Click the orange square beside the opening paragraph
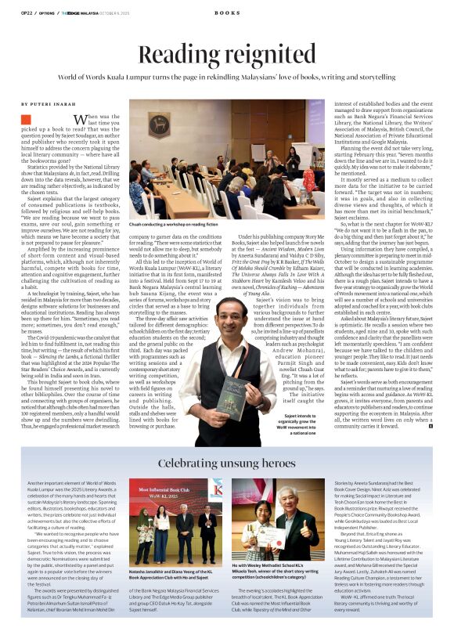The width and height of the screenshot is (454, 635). click(26, 119)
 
